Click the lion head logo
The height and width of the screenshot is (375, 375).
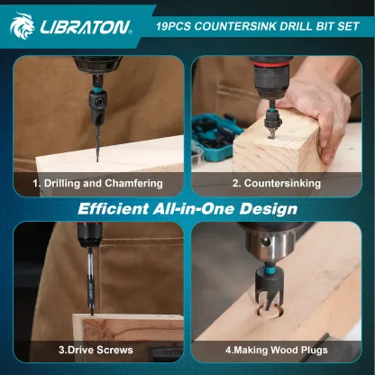[22, 25]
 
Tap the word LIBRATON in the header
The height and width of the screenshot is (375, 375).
[86, 27]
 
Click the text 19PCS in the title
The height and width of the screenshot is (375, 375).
[173, 26]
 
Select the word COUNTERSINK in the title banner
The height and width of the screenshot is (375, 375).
[235, 26]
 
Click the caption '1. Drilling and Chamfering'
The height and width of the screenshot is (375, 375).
[97, 183]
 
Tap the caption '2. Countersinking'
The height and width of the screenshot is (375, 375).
[277, 183]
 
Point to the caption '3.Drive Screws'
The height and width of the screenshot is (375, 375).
[96, 350]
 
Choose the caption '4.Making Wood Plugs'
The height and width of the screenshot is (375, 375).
[277, 350]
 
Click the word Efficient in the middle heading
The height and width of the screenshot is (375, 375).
[114, 209]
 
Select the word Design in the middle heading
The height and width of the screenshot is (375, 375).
[269, 209]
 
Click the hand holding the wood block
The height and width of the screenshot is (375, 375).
[313, 115]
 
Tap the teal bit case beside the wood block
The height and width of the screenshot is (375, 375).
[214, 137]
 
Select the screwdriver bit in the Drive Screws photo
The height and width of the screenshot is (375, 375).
[90, 282]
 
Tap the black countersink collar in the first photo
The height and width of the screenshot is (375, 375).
[97, 104]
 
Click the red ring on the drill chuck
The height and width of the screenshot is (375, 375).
[271, 64]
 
